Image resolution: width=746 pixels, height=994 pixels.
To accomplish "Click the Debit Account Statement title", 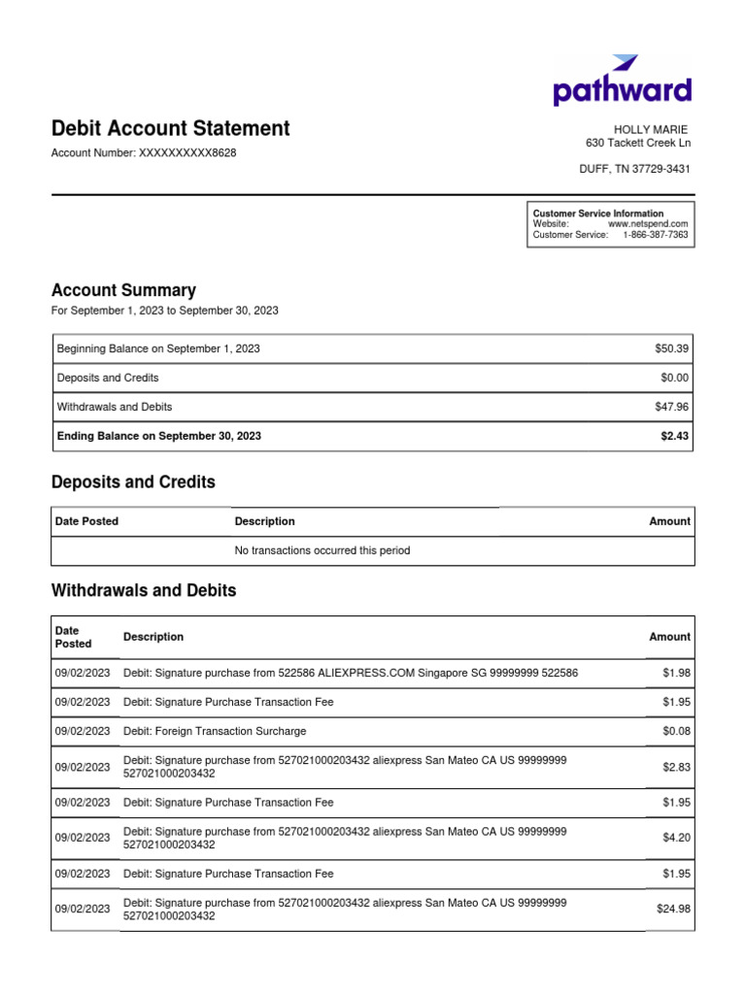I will (x=170, y=128).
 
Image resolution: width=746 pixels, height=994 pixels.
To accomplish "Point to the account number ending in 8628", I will (x=143, y=153).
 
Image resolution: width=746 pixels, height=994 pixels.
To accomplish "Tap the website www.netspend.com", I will (x=648, y=224).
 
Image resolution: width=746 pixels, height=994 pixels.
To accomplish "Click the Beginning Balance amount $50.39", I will (x=671, y=348).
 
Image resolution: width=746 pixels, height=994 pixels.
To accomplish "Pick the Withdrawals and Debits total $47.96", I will (x=671, y=407).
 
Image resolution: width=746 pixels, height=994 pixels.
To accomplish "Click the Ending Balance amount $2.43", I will (x=674, y=437).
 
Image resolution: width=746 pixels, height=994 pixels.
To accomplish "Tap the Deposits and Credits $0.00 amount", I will (x=674, y=378).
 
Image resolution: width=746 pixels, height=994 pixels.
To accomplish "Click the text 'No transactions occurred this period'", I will (x=322, y=550).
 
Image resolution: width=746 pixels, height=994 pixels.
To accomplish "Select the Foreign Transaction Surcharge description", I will (x=229, y=731).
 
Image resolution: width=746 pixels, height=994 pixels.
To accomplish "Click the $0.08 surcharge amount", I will (x=676, y=731).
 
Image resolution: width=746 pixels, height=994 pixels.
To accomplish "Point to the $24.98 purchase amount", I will (x=673, y=910).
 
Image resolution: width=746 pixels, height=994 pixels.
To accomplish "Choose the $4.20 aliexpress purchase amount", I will (x=676, y=838).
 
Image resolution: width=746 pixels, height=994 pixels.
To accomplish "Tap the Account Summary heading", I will (x=123, y=290).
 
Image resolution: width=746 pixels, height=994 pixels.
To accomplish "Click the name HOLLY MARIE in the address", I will (x=650, y=129).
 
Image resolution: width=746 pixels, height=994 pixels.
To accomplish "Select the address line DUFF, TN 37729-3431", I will (x=634, y=169).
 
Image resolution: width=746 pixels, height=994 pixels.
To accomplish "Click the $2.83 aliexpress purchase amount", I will (x=676, y=767).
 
